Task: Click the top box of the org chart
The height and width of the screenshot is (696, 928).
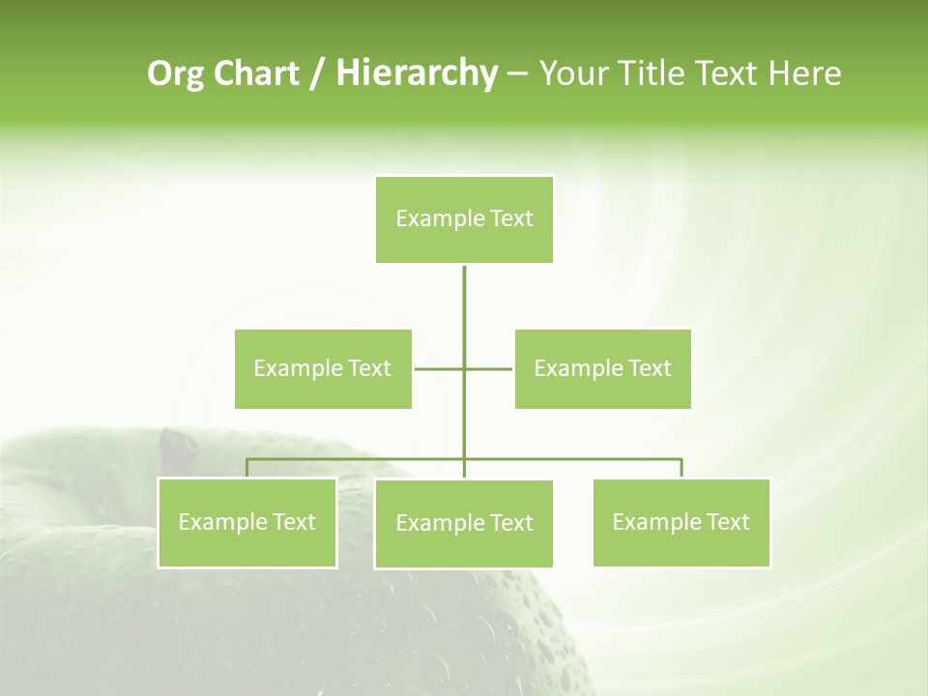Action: point(464,219)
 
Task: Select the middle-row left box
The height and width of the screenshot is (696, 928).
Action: point(323,368)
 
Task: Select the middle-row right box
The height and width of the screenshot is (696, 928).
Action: point(602,368)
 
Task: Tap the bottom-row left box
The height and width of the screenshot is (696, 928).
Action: point(246,522)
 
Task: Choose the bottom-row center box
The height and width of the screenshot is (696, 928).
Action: point(464,523)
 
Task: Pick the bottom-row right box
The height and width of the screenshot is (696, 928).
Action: point(681,522)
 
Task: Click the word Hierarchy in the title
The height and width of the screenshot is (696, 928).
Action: point(416,73)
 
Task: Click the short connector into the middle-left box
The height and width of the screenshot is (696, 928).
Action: point(437,368)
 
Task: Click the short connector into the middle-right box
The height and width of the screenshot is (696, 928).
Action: point(490,368)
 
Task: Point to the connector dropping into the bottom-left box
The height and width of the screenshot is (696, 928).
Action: point(246,468)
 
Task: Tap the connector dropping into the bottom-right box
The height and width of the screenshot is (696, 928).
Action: point(681,468)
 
